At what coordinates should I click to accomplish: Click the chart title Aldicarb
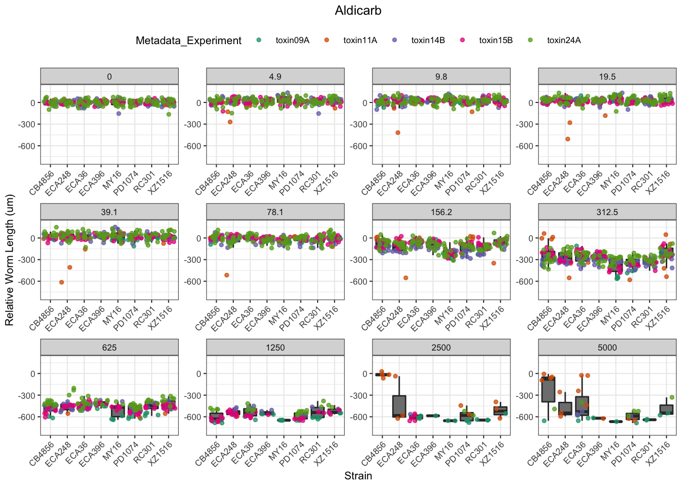(358, 11)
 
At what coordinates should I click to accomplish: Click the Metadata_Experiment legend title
(188, 41)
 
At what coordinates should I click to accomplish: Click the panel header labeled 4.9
(275, 77)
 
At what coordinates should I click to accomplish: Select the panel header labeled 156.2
(441, 212)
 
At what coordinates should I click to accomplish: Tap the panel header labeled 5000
(607, 347)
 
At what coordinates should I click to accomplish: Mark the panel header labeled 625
(109, 347)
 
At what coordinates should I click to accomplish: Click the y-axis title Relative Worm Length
(10, 260)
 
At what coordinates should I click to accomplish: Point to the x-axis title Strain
(358, 476)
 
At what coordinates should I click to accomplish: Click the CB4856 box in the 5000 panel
(548, 389)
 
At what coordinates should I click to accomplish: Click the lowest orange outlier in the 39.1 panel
(61, 282)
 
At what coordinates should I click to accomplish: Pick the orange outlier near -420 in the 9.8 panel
(398, 133)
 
